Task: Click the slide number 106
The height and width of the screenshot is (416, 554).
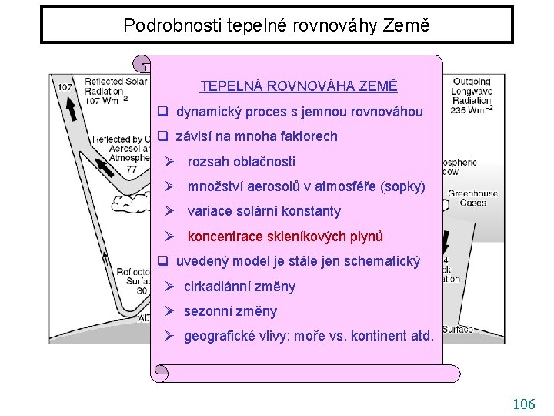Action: click(x=523, y=404)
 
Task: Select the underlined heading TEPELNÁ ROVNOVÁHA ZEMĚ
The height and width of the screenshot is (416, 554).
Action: click(x=299, y=86)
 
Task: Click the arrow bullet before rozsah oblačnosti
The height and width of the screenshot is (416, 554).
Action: click(x=171, y=162)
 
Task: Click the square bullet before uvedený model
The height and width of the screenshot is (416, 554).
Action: click(x=163, y=261)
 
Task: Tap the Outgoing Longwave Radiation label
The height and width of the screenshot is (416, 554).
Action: click(x=472, y=96)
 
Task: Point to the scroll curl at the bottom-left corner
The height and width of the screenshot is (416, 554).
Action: click(x=160, y=374)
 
